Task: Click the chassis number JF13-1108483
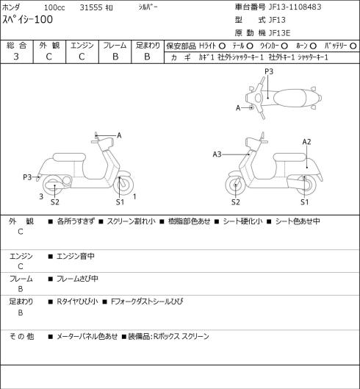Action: (295, 7)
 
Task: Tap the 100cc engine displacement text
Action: (54, 7)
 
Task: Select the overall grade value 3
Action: (16, 57)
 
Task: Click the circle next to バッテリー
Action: (353, 46)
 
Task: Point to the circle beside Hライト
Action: (222, 46)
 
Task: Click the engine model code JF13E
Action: (280, 33)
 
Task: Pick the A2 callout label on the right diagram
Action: (306, 142)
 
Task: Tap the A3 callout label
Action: (217, 154)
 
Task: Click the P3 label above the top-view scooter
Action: (269, 71)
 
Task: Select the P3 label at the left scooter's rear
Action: (27, 177)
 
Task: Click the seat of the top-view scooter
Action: (289, 97)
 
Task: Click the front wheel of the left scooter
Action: (123, 185)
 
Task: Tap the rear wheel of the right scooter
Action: (306, 185)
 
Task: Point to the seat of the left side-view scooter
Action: (69, 157)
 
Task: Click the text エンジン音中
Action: (76, 256)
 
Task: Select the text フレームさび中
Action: (77, 279)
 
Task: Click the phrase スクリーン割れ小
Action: (132, 221)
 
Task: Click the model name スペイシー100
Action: (27, 20)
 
